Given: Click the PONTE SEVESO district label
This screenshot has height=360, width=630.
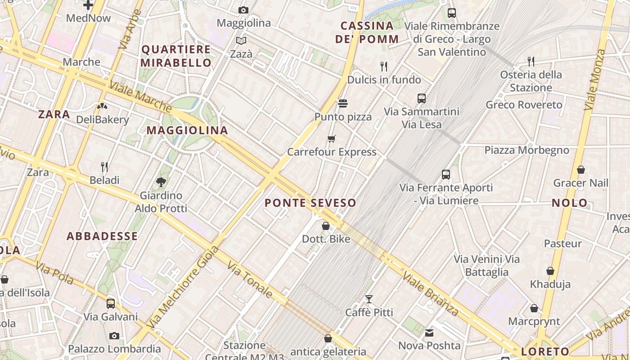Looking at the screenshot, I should pyautogui.click(x=310, y=203).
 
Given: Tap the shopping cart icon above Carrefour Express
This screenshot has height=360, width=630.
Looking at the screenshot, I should pyautogui.click(x=332, y=139).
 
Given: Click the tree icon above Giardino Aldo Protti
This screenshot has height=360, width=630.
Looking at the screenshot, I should pyautogui.click(x=161, y=182).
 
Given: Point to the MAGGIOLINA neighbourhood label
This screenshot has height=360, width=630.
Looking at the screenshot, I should pyautogui.click(x=187, y=130).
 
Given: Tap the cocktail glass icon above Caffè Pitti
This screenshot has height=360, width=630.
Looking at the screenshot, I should pyautogui.click(x=369, y=299).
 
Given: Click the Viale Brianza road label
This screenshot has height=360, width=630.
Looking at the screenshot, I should pyautogui.click(x=430, y=293).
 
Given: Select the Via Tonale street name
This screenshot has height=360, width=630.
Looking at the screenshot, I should pyautogui.click(x=250, y=279).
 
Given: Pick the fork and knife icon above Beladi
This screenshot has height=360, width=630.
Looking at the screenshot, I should pyautogui.click(x=104, y=167).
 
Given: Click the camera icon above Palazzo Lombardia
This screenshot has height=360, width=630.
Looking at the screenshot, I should pyautogui.click(x=114, y=336).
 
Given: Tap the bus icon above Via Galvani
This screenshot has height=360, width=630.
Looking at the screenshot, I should pyautogui.click(x=111, y=303).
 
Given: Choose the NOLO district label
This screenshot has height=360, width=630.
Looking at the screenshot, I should pyautogui.click(x=570, y=203).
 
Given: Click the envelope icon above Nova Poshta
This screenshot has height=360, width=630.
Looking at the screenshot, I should pyautogui.click(x=429, y=333).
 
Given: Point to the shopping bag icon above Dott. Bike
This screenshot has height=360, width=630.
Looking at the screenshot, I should pyautogui.click(x=326, y=226).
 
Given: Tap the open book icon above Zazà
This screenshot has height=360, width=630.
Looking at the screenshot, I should pyautogui.click(x=241, y=41).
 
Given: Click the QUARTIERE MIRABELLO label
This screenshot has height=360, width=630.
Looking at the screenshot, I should pyautogui.click(x=176, y=56).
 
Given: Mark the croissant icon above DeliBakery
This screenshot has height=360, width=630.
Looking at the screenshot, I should pyautogui.click(x=102, y=107).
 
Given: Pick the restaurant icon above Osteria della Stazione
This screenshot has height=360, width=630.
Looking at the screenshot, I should pyautogui.click(x=531, y=61).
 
